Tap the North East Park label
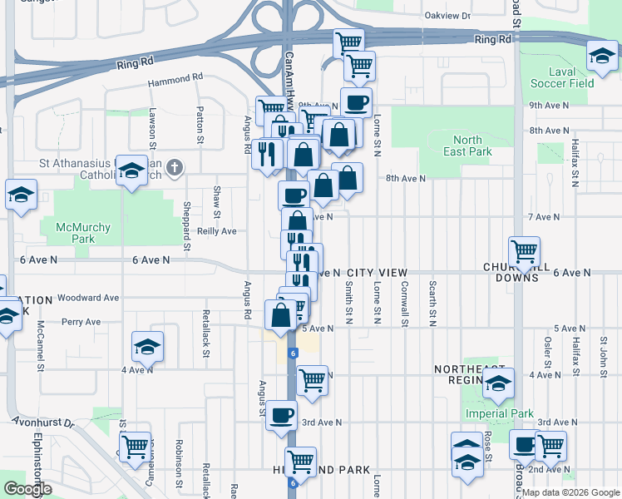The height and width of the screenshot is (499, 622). (x=472, y=146)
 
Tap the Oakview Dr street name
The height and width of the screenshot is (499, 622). (x=447, y=16)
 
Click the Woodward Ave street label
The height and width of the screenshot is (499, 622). (x=89, y=297)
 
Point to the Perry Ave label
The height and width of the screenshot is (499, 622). (x=81, y=322)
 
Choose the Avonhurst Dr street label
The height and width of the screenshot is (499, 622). (x=43, y=422)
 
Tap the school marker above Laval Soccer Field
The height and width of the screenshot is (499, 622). (x=600, y=57)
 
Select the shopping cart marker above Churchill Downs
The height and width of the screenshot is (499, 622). (x=524, y=251)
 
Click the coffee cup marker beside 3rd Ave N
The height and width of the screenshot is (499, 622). (x=281, y=414)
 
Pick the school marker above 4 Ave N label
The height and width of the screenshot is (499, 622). (x=147, y=346)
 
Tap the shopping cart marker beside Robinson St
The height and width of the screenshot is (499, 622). (x=135, y=446)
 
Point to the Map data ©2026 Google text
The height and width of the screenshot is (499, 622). (x=570, y=492)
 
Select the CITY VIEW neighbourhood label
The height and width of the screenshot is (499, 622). (x=378, y=273)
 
